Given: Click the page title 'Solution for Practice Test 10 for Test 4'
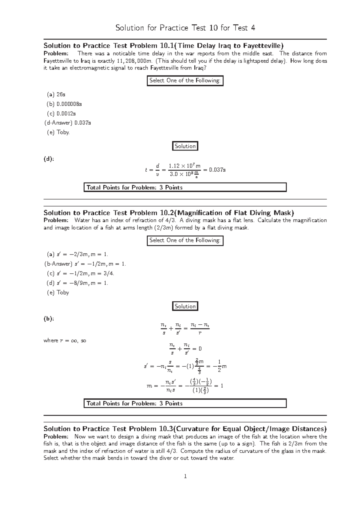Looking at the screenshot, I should click(185, 28).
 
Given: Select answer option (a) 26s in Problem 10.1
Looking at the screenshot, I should click(56, 94).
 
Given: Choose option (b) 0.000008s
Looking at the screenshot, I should click(64, 104).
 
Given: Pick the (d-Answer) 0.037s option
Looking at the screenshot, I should click(67, 123).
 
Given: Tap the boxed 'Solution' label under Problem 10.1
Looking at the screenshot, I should click(185, 146).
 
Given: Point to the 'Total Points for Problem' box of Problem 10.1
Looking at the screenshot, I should click(185, 187).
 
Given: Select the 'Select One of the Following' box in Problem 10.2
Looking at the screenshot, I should click(185, 240).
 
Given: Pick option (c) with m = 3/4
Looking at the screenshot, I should click(81, 273).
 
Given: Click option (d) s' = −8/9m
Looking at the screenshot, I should click(77, 283).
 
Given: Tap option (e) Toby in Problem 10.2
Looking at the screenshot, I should click(58, 292).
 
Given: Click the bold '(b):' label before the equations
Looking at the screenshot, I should click(49, 319).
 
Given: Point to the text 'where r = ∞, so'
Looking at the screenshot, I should click(65, 341).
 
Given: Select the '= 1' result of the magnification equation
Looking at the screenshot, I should click(219, 386).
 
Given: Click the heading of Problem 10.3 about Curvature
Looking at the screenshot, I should click(185, 429).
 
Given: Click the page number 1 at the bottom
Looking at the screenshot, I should click(185, 476).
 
